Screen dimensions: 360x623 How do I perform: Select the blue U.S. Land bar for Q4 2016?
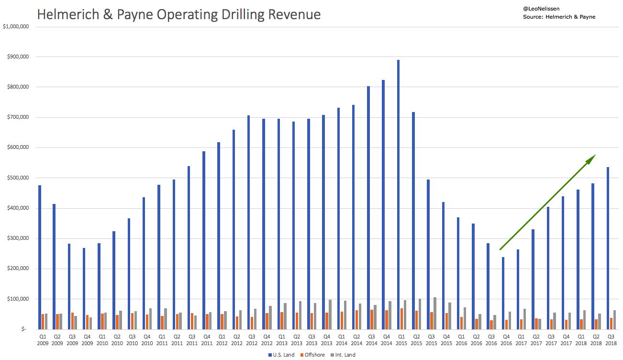[503, 293]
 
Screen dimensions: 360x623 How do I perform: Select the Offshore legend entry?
[312, 355]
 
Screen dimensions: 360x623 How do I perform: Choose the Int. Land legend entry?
[344, 355]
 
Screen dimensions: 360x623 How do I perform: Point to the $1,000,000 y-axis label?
[16, 26]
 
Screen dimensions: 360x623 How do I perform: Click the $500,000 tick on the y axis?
[18, 178]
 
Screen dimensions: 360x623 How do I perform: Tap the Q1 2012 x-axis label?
[222, 339]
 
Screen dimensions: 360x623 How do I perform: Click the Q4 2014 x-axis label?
[387, 339]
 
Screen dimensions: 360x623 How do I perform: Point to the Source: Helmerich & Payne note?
[559, 17]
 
